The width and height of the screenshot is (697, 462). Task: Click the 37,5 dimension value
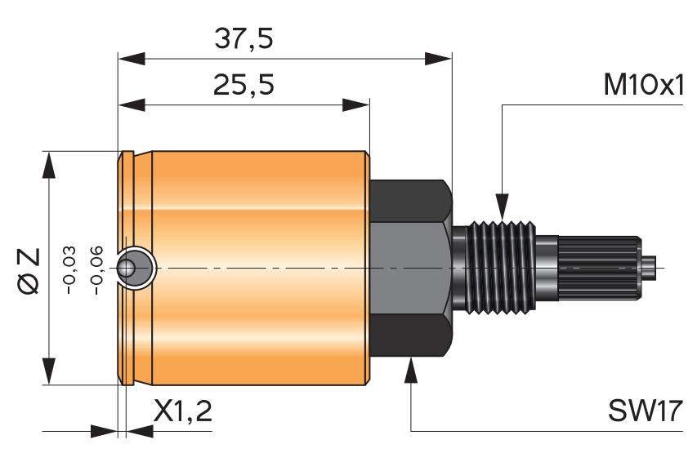[243, 38]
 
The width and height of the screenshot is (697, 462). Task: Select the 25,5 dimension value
[243, 85]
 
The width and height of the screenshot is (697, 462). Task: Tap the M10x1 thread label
[642, 85]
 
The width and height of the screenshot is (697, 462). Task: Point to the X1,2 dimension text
[182, 411]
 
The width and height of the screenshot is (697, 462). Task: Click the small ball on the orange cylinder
[127, 268]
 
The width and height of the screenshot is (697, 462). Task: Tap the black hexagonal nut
[409, 268]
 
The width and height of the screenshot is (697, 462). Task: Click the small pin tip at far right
[650, 268]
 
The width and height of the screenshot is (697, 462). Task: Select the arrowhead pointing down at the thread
[502, 207]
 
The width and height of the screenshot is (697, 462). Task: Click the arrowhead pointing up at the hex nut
[410, 369]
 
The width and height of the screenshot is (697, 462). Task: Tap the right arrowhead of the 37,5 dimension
[438, 58]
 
